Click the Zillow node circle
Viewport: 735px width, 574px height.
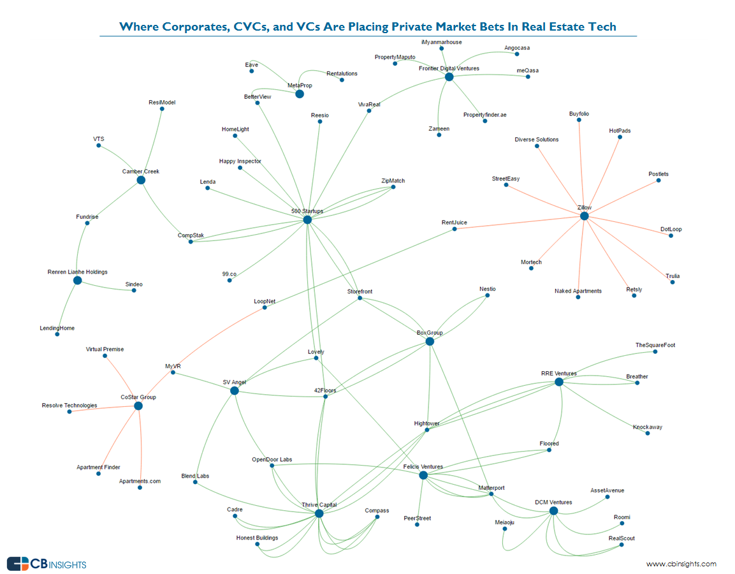(584, 216)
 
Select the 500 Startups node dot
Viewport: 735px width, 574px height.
(307, 219)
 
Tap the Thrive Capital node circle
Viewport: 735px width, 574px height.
(319, 513)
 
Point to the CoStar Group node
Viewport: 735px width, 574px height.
(138, 406)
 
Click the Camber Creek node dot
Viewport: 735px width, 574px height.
(141, 180)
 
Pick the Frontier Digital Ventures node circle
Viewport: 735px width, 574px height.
(449, 77)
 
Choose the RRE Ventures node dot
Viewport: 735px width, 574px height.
(558, 382)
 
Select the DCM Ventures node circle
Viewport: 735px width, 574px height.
(553, 511)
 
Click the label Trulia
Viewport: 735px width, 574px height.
(673, 276)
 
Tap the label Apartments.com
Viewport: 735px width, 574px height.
(140, 481)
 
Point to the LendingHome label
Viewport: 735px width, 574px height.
(57, 328)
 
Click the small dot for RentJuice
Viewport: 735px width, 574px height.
(455, 229)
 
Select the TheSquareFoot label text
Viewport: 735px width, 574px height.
(655, 345)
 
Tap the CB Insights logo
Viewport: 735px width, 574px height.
(47, 564)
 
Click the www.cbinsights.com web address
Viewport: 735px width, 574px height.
(681, 564)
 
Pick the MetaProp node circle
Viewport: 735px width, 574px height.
(300, 94)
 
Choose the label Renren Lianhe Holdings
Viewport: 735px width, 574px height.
(77, 272)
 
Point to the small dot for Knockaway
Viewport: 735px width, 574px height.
(647, 433)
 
